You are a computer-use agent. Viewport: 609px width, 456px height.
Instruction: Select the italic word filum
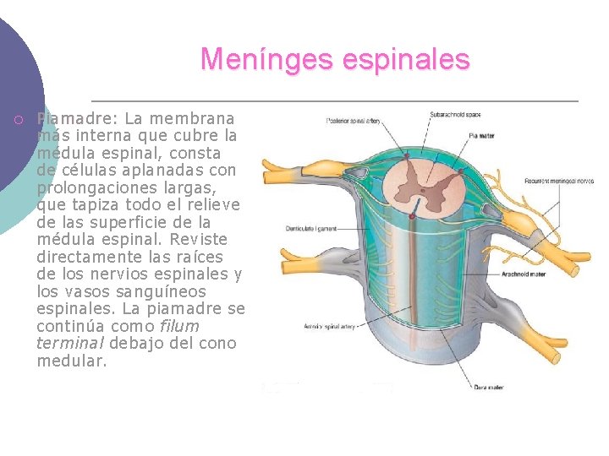179,326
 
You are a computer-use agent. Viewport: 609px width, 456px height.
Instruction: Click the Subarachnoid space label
455,115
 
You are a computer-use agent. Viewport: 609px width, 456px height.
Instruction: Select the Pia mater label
480,135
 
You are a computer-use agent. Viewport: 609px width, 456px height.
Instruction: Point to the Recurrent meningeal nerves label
558,181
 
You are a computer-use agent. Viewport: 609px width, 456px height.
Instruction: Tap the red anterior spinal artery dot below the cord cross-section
413,216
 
